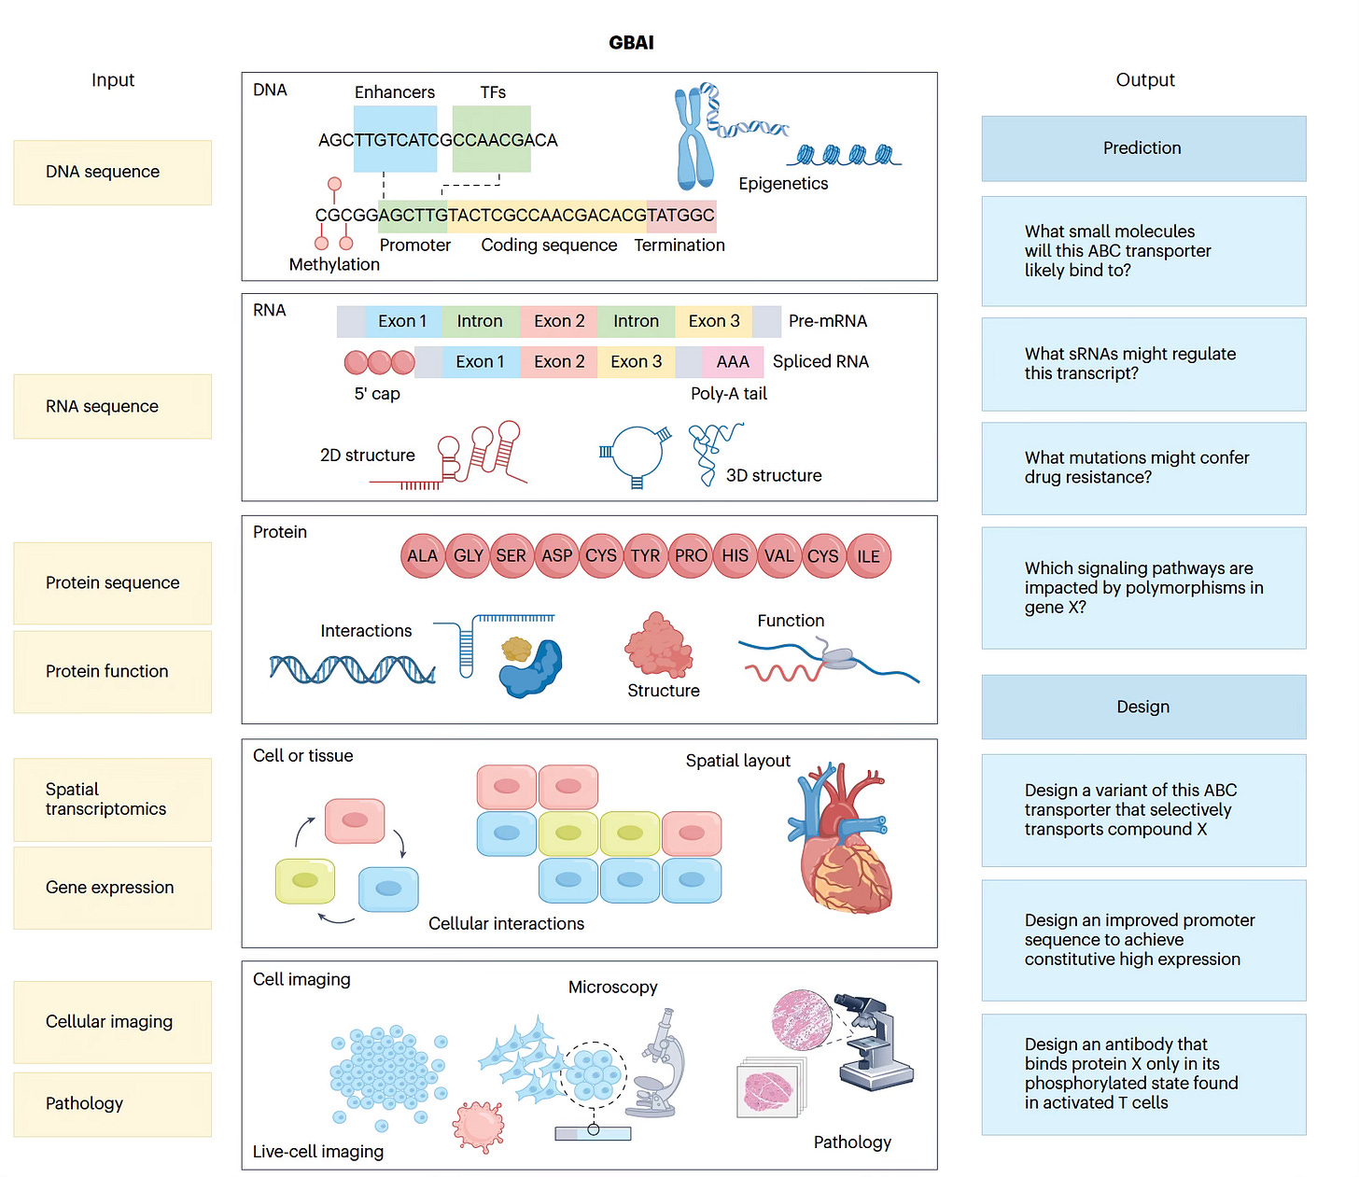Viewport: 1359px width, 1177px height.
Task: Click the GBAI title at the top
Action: click(x=631, y=43)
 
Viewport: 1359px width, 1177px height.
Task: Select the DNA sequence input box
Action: click(x=112, y=173)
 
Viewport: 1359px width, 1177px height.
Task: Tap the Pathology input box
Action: click(x=112, y=1104)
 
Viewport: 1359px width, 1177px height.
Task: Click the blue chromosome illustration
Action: click(x=694, y=138)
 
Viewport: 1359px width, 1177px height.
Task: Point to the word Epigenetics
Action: click(x=783, y=184)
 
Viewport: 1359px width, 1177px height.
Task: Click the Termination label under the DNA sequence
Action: click(x=679, y=245)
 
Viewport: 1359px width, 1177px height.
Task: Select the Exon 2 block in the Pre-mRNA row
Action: click(x=559, y=321)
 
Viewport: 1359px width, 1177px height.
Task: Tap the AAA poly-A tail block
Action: click(x=733, y=361)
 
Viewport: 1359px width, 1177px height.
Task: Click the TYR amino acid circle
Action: click(x=645, y=555)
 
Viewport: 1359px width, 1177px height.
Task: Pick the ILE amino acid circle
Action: click(x=868, y=555)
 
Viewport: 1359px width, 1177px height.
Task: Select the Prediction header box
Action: click(x=1143, y=148)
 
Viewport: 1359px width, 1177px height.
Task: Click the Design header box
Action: click(x=1143, y=707)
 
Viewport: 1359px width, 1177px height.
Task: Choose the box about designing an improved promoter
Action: click(x=1143, y=940)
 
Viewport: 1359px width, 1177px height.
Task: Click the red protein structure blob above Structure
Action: click(x=658, y=645)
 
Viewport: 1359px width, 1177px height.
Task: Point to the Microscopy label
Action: click(x=613, y=987)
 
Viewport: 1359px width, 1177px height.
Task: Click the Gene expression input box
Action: click(x=112, y=888)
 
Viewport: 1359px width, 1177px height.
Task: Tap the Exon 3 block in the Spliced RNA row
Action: click(x=636, y=361)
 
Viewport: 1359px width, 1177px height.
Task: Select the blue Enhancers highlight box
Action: click(x=395, y=139)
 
